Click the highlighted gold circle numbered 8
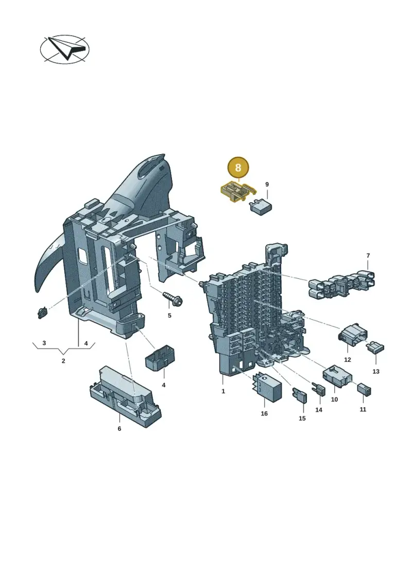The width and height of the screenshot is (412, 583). pos(238,168)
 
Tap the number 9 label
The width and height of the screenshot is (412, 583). pos(267,185)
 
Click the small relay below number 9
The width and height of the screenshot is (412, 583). pos(262,206)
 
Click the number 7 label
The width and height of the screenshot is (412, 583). pos(368,256)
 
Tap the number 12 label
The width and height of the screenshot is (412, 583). pos(347,360)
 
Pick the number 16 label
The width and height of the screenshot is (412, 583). pos(264,413)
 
